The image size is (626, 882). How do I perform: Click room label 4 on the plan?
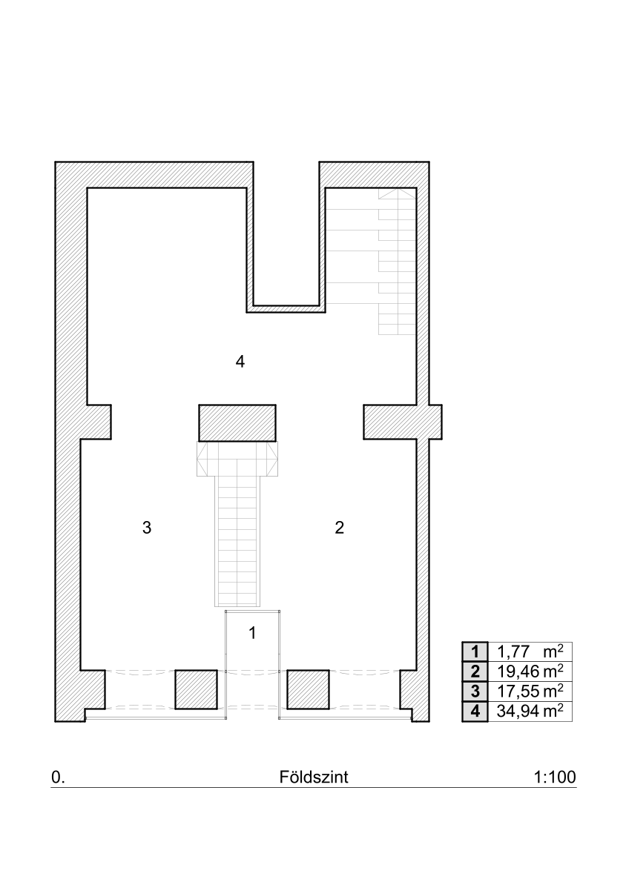click(x=240, y=362)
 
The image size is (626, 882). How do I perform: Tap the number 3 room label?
click(x=147, y=528)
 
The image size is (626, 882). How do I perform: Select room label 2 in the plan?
click(x=340, y=528)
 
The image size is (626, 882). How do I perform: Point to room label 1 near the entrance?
click(x=253, y=633)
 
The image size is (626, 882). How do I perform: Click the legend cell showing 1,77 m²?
click(x=530, y=652)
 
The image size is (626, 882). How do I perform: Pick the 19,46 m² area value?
click(x=530, y=672)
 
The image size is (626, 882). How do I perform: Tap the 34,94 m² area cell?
click(x=530, y=712)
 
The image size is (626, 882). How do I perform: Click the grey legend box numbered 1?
click(x=475, y=652)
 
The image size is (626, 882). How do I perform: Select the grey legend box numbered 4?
click(x=475, y=712)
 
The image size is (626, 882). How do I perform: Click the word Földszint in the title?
click(x=314, y=777)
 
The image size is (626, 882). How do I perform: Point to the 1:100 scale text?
click(x=555, y=777)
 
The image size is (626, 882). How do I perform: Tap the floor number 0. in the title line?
click(x=58, y=777)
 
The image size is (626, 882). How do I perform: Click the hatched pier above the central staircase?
click(x=237, y=422)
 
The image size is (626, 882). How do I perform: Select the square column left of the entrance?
click(x=196, y=689)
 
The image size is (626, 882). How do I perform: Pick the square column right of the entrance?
click(x=308, y=689)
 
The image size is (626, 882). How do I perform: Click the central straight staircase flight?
click(x=237, y=541)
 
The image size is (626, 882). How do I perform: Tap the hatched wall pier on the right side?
click(x=402, y=421)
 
